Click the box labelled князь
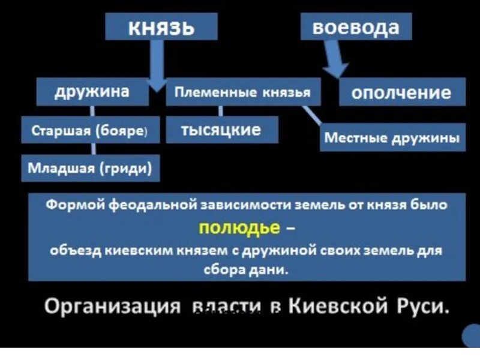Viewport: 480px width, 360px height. pos(161,28)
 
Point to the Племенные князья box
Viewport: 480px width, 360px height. pos(242,92)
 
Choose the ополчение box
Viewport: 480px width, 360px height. pos(401,92)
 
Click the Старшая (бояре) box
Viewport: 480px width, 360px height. pos(91,131)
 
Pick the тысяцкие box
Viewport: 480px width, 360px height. pos(221,130)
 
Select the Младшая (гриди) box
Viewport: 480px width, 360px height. pos(90,168)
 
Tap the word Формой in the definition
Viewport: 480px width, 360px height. pos(77,205)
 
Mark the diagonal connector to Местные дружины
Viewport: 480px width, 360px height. pos(311,116)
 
